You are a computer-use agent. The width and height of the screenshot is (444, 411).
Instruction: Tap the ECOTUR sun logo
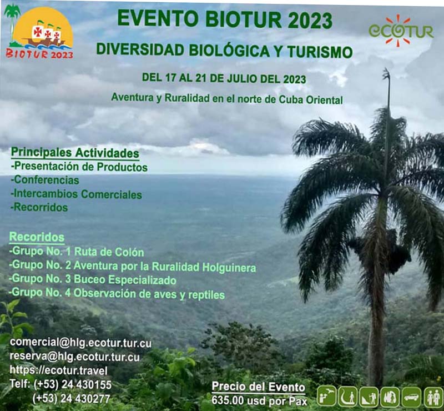tap(401, 30)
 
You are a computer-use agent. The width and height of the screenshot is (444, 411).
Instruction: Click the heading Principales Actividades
tap(75, 153)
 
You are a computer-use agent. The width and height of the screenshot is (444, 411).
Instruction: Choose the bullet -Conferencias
tap(45, 181)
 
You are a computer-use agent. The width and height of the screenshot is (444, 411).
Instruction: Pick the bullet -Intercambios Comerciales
tap(76, 194)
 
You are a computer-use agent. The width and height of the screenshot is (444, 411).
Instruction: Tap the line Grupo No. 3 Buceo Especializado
tap(93, 280)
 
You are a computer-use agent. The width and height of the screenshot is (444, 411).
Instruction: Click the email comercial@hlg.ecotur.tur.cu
tap(80, 343)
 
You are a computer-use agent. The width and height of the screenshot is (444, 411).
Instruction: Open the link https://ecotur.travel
tap(58, 370)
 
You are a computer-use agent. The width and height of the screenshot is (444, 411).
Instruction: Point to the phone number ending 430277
tap(72, 398)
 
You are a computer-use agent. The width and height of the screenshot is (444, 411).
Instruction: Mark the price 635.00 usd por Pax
tap(259, 400)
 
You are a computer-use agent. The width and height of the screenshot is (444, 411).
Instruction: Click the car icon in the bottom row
tap(411, 397)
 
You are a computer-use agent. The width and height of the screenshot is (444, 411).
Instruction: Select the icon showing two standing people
tap(433, 397)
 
